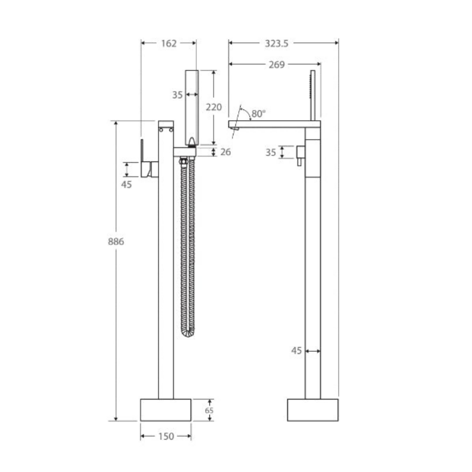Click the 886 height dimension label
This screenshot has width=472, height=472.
click(116, 241)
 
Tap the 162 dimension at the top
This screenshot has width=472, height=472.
click(168, 44)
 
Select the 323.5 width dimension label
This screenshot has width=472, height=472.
click(276, 44)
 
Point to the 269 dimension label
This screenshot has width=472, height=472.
click(276, 65)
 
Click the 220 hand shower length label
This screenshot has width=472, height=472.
click(214, 107)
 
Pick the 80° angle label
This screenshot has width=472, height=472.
click(259, 114)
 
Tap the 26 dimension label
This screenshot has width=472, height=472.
click(226, 152)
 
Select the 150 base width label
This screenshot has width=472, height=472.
click(166, 436)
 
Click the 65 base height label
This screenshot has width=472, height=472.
click(209, 410)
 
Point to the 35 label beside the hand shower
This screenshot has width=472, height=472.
click(177, 95)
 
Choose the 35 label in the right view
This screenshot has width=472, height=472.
click(271, 153)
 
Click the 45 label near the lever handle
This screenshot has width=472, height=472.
click(126, 185)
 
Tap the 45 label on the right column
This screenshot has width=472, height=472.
click(296, 351)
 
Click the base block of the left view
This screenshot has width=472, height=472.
click(166, 410)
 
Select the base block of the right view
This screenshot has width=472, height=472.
click(313, 410)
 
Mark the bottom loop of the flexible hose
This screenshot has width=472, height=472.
click(188, 334)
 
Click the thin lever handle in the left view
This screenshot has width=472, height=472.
click(142, 151)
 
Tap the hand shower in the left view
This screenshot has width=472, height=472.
click(192, 108)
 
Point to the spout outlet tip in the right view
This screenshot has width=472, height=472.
click(235, 129)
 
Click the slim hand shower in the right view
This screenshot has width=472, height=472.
click(313, 95)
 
